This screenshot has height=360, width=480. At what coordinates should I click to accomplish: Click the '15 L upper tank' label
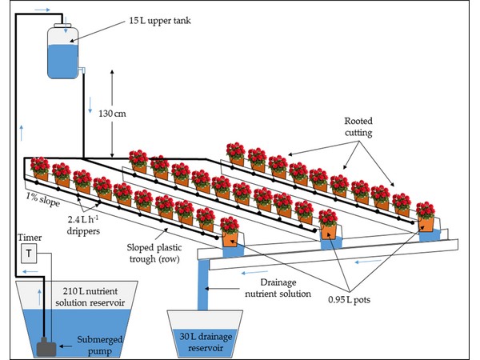click(160, 21)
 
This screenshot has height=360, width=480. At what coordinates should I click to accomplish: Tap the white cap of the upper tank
click(62, 25)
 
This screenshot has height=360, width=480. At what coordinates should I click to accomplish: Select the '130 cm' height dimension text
click(112, 114)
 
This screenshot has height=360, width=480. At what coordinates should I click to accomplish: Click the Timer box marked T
click(29, 253)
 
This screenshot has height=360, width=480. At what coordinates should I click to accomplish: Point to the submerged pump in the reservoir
click(46, 347)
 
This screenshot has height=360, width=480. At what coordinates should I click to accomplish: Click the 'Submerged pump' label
click(99, 346)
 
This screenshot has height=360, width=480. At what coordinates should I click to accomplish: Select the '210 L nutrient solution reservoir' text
click(90, 297)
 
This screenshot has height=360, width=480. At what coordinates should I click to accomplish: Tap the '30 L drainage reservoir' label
click(206, 342)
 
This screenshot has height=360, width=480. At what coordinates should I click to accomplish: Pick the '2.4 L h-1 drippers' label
click(83, 225)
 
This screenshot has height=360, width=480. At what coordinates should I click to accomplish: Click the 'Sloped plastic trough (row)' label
click(154, 253)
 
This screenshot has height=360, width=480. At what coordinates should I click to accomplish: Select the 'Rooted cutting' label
click(358, 126)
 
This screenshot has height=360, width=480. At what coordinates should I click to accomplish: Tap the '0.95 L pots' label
click(350, 300)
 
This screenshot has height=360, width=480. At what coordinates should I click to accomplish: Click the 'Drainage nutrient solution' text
click(278, 288)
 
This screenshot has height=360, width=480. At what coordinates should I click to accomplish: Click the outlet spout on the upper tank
click(82, 70)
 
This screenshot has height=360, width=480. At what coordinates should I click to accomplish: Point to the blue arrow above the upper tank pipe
click(42, 10)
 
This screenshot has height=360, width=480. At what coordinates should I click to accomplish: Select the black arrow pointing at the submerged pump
click(66, 346)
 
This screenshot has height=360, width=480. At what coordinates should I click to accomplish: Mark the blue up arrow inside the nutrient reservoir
click(39, 296)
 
